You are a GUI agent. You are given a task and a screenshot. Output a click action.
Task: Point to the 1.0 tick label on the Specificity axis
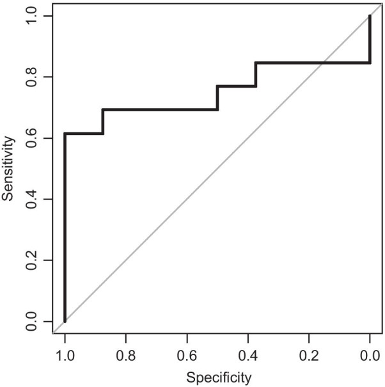tap(65, 352)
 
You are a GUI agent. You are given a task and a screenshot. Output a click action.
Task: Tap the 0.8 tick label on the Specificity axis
tap(125, 352)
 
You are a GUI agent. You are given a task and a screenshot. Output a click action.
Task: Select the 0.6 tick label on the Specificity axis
tap(187, 352)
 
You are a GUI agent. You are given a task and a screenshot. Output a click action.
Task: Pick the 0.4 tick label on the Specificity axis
tap(247, 352)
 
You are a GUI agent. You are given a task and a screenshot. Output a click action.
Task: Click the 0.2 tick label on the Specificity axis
tap(309, 352)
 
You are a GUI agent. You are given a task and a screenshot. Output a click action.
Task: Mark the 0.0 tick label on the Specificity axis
tap(370, 352)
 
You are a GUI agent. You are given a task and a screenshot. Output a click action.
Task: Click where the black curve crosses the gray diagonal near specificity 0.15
tap(323, 63)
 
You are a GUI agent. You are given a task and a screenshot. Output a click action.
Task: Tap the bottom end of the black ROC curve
tap(65, 320)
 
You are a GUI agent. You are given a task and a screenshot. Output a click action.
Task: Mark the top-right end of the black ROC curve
tap(370, 17)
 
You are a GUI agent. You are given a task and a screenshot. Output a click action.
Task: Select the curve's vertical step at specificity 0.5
tap(217, 98)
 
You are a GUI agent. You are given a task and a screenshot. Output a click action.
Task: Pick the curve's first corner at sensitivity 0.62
tap(65, 133)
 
